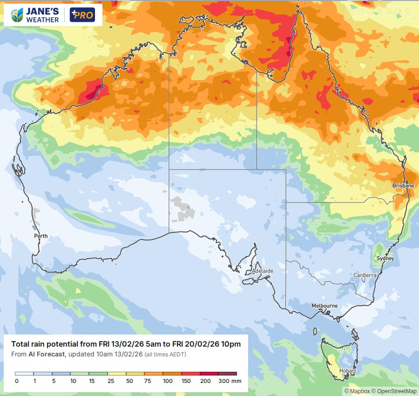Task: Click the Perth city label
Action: point(41,236)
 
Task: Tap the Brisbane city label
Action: point(403,185)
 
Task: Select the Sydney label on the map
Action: point(385,259)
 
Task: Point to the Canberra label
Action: point(365,275)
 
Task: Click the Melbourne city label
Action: point(324,306)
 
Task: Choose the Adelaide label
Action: point(262,271)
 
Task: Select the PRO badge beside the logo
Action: point(82,15)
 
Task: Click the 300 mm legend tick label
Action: point(230,381)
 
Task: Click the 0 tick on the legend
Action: point(16,381)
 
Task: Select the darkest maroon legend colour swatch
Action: point(228,374)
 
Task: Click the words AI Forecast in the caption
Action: point(47,355)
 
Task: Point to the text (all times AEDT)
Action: point(165,355)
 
